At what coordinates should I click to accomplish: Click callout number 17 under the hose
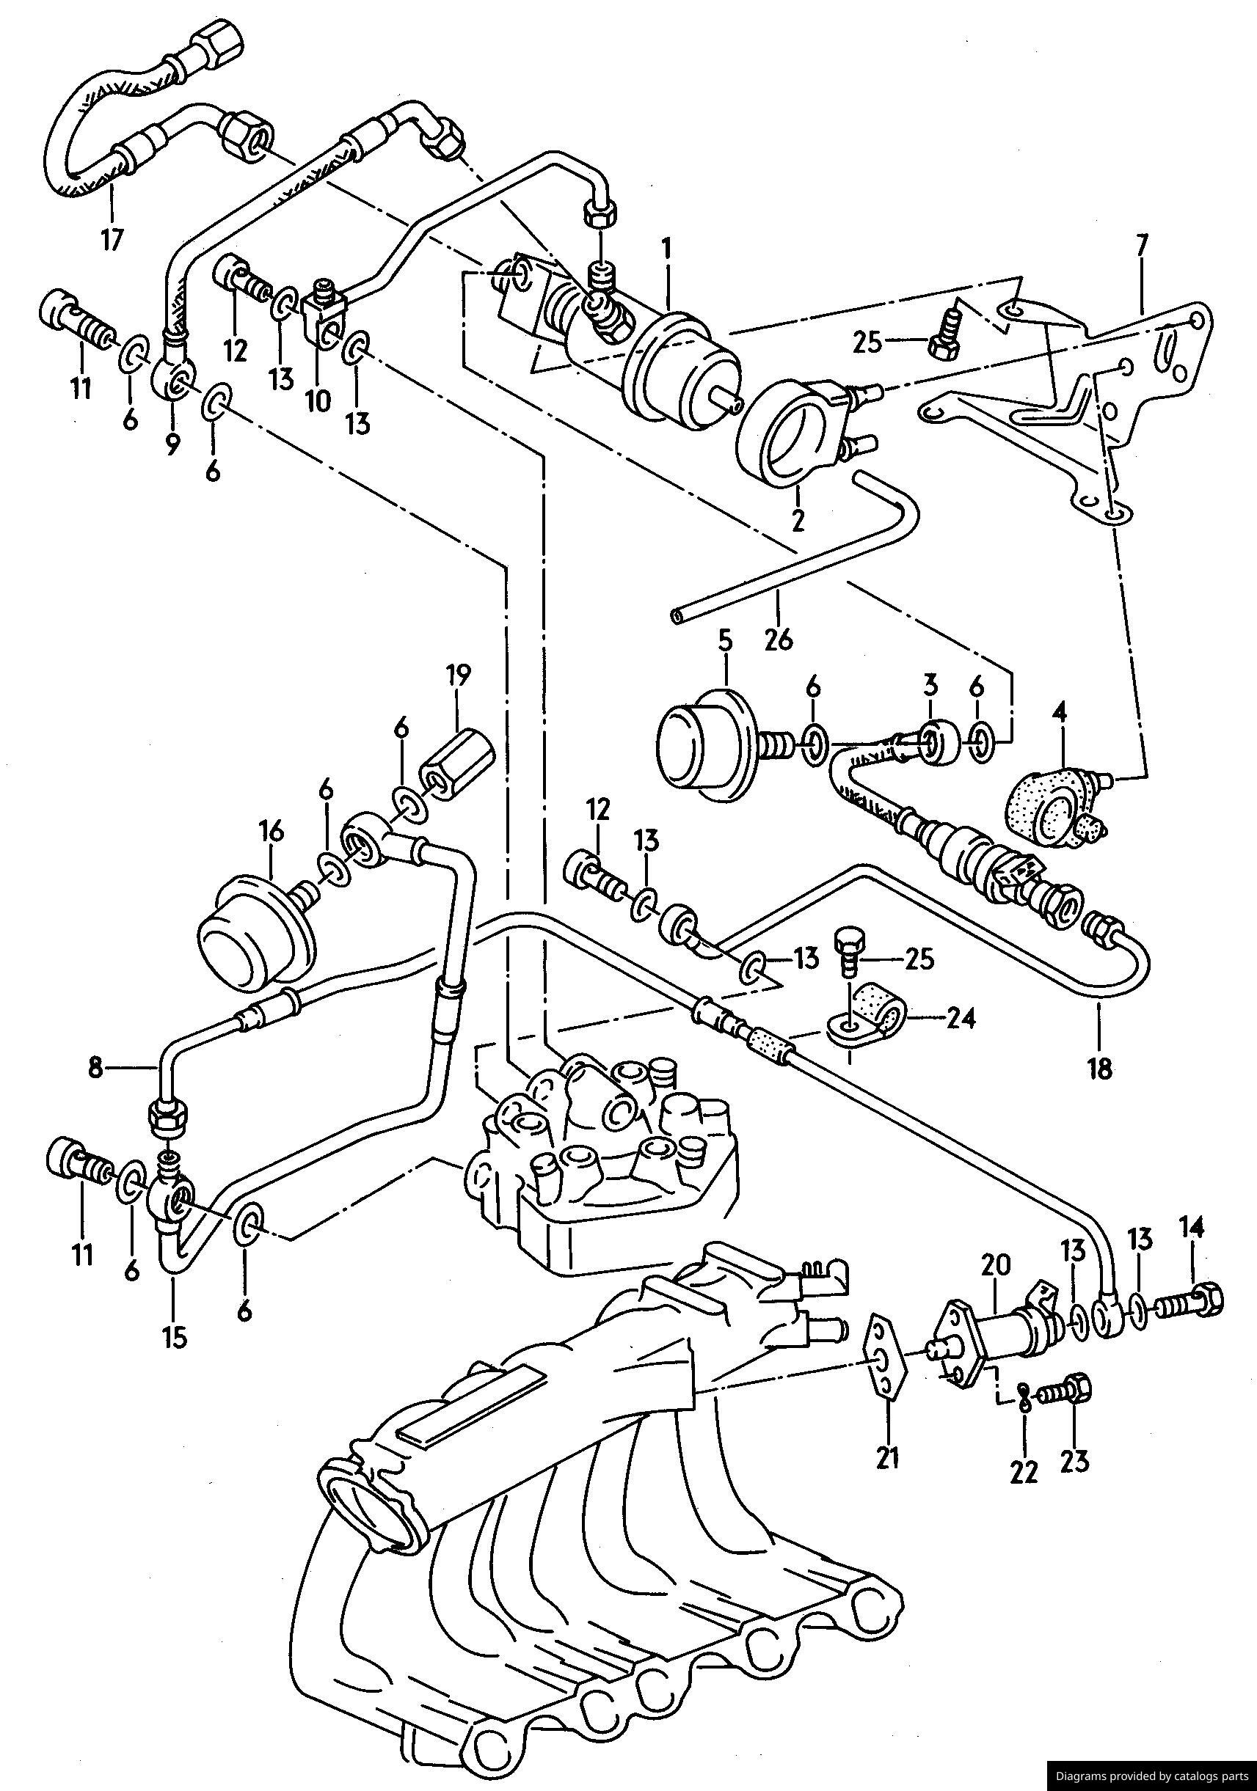pos(111,238)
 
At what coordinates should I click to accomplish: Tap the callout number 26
pos(779,640)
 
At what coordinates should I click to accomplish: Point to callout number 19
pos(458,674)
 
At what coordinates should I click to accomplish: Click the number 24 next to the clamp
pos(961,1018)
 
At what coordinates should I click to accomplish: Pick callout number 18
pos(1099,1068)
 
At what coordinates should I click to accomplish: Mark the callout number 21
pos(888,1457)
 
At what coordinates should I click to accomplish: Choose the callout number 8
pos(95,1068)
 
